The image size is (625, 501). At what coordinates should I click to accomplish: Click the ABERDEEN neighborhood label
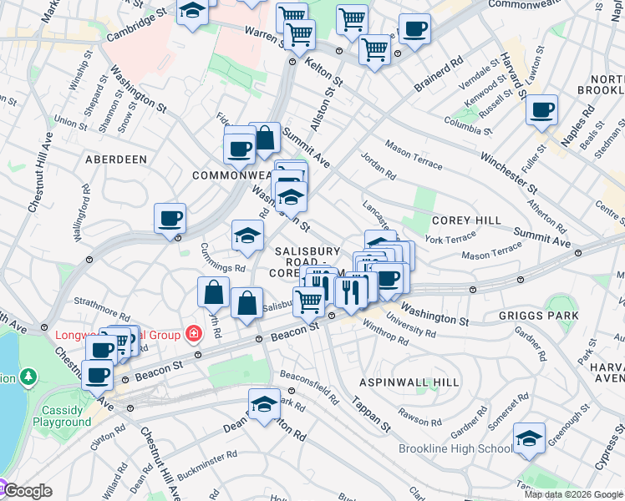(x=115, y=159)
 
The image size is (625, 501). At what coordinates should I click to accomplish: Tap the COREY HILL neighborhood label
(x=465, y=220)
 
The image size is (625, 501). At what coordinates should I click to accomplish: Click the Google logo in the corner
(x=27, y=491)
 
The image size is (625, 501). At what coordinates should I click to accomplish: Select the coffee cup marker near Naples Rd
(x=541, y=109)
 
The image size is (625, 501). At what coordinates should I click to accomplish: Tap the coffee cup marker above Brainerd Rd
(x=414, y=29)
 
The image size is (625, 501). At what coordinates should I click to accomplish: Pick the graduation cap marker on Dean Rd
(x=264, y=404)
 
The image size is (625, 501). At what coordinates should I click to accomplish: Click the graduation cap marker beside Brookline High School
(x=529, y=438)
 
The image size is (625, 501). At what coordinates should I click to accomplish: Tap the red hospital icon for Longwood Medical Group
(x=194, y=335)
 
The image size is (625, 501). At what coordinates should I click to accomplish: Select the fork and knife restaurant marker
(x=350, y=291)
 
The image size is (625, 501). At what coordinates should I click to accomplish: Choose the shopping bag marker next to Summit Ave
(x=264, y=139)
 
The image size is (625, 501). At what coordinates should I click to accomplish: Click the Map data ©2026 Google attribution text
(x=573, y=494)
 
